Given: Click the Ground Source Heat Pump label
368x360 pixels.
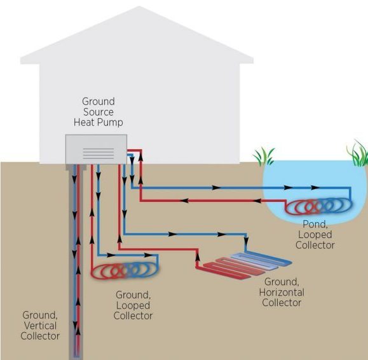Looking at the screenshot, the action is pyautogui.click(x=99, y=112).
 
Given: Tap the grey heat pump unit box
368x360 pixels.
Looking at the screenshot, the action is pyautogui.click(x=96, y=149).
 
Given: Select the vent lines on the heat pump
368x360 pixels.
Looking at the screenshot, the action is pyautogui.click(x=99, y=154).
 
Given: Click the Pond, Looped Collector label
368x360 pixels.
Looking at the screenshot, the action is pyautogui.click(x=315, y=235).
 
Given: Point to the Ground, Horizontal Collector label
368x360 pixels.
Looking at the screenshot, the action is pyautogui.click(x=282, y=292).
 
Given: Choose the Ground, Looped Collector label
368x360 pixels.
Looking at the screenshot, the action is pyautogui.click(x=133, y=305).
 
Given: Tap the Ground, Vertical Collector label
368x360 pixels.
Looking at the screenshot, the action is pyautogui.click(x=40, y=326).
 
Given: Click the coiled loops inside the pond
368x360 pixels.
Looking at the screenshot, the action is pyautogui.click(x=319, y=206).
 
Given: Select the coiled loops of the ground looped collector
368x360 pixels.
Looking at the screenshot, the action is pyautogui.click(x=125, y=271).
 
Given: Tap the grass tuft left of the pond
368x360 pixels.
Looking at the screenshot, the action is pyautogui.click(x=264, y=156).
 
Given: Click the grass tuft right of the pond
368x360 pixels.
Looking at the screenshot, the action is pyautogui.click(x=358, y=153).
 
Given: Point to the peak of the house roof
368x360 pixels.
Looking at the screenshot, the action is pyautogui.click(x=140, y=6).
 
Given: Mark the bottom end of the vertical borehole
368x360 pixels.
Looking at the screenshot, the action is pyautogui.click(x=76, y=358).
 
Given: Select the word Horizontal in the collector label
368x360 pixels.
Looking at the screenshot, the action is pyautogui.click(x=282, y=292).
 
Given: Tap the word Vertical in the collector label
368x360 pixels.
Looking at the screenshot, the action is pyautogui.click(x=40, y=326).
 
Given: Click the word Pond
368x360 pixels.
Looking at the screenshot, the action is pyautogui.click(x=315, y=225).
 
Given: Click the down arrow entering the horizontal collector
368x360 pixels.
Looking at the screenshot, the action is pyautogui.click(x=246, y=241).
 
